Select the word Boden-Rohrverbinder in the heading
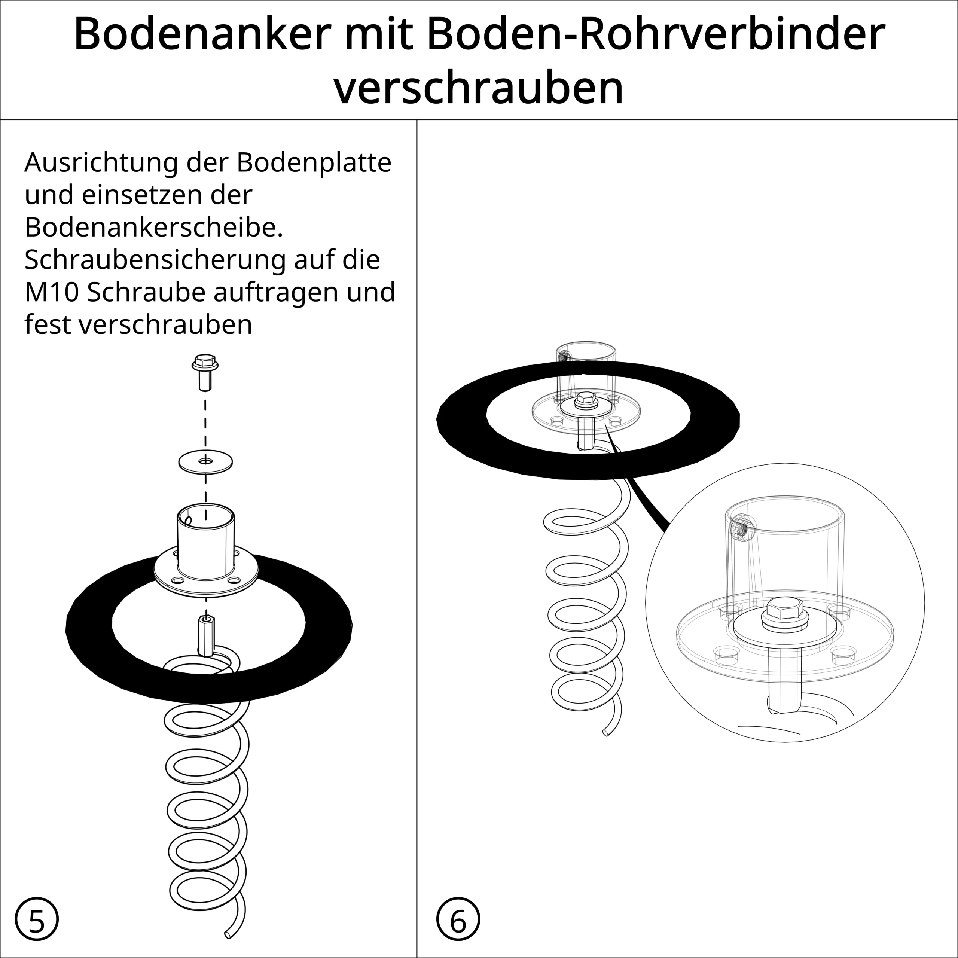click(656, 33)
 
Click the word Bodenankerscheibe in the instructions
click(154, 227)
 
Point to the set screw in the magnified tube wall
click(742, 529)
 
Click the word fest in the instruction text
click(48, 325)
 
